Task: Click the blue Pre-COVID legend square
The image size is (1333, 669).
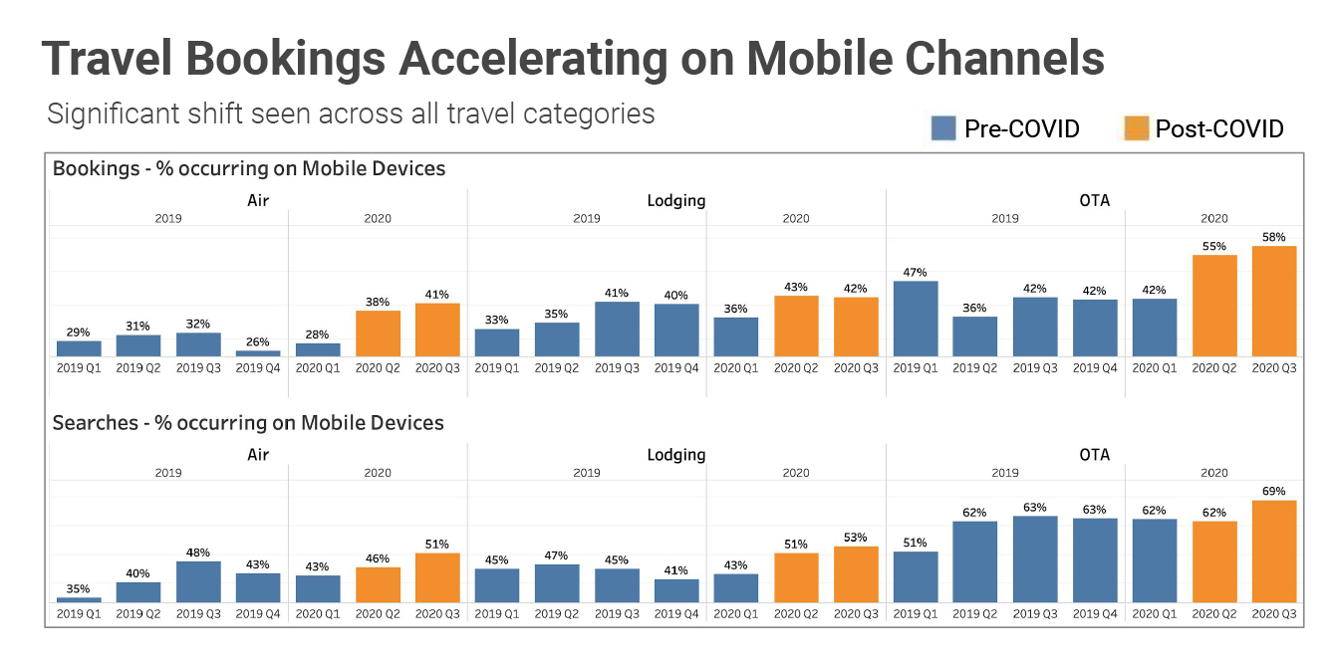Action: coord(943,128)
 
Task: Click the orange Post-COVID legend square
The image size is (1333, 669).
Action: coord(1135,128)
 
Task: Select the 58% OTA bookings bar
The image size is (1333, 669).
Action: coord(1274,301)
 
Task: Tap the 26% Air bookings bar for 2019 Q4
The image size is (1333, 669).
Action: coord(258,352)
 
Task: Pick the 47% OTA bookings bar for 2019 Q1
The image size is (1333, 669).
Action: coord(916,319)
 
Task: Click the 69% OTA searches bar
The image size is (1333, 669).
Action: coord(1274,551)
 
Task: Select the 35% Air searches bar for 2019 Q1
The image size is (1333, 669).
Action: coord(79,599)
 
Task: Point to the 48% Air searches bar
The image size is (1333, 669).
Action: coord(198,581)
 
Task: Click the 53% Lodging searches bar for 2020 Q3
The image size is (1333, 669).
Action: coord(856,573)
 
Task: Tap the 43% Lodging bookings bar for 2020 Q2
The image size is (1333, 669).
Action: coord(796,326)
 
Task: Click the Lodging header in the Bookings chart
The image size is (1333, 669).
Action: coord(676,200)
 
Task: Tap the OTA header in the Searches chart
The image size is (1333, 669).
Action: coord(1094,455)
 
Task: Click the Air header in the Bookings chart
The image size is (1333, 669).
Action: coord(258,200)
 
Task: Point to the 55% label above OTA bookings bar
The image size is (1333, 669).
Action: coord(1214,245)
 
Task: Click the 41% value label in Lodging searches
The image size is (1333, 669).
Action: coord(676,570)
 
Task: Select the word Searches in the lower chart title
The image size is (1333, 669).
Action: coord(95,423)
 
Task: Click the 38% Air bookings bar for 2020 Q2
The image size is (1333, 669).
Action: coord(378,334)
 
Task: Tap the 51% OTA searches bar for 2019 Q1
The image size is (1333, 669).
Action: coord(916,576)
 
